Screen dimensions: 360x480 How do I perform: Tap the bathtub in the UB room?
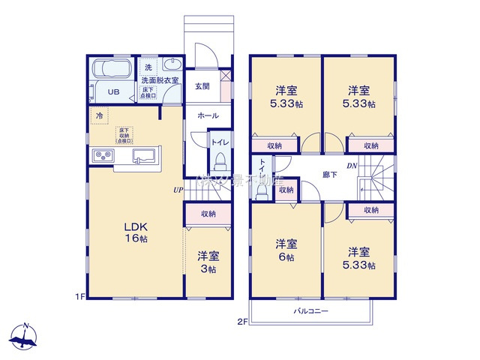pyautogui.click(x=111, y=73)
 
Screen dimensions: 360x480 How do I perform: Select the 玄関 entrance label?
pyautogui.click(x=202, y=86)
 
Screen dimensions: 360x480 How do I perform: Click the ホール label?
pyautogui.click(x=208, y=116)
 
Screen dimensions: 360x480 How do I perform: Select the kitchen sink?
pyautogui.click(x=145, y=156)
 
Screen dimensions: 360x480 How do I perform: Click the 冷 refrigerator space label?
pyautogui.click(x=99, y=115)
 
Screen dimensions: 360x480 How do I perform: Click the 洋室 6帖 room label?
pyautogui.click(x=284, y=250)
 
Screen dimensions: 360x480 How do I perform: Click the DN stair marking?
pyautogui.click(x=351, y=166)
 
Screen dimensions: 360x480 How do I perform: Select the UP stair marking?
pyautogui.click(x=178, y=190)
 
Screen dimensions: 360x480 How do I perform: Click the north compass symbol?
pyautogui.click(x=25, y=337)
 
